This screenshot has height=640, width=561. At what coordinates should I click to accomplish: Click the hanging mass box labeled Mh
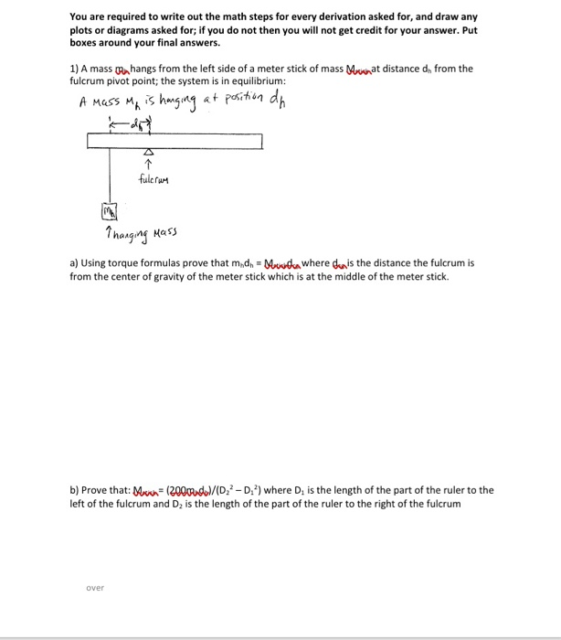[106, 215]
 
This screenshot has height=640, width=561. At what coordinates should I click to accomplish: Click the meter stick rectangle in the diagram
[175, 141]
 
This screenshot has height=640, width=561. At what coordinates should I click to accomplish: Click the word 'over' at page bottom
[96, 588]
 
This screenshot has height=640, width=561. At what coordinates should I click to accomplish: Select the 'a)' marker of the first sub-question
[74, 262]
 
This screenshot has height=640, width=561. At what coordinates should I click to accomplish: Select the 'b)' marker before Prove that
[75, 490]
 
